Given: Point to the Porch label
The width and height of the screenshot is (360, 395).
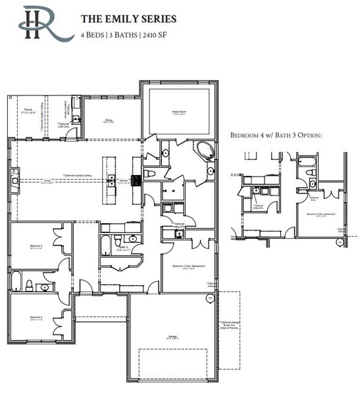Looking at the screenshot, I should (x=28, y=110).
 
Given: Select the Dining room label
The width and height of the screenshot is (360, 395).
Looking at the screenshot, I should (x=109, y=120).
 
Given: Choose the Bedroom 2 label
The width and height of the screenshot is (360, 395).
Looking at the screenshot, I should (x=36, y=317).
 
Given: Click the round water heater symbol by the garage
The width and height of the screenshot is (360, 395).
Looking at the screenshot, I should (x=210, y=299).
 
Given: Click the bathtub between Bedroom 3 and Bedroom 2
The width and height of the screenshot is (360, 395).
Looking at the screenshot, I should (x=16, y=282).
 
